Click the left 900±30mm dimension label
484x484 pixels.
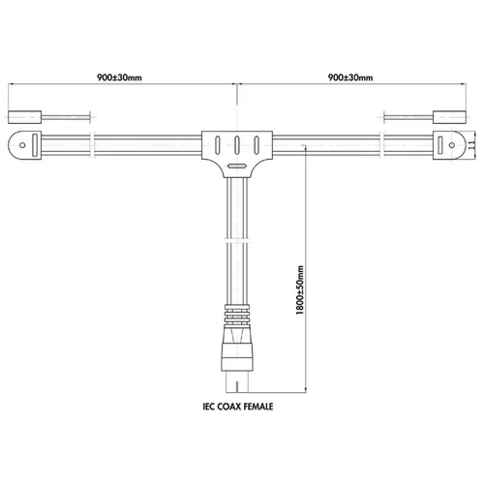pos(119,77)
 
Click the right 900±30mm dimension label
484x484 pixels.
pos(350,77)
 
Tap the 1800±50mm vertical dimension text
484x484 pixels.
pos(300,290)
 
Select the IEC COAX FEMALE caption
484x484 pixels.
pos(238,407)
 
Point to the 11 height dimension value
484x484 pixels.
pos(471,144)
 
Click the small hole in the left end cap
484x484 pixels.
pos(22,145)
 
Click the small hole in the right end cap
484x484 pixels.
pos(452,145)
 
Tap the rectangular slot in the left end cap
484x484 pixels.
pos(35,145)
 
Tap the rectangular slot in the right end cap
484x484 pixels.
pos(439,145)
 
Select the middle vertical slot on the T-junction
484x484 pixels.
pos(237,145)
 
